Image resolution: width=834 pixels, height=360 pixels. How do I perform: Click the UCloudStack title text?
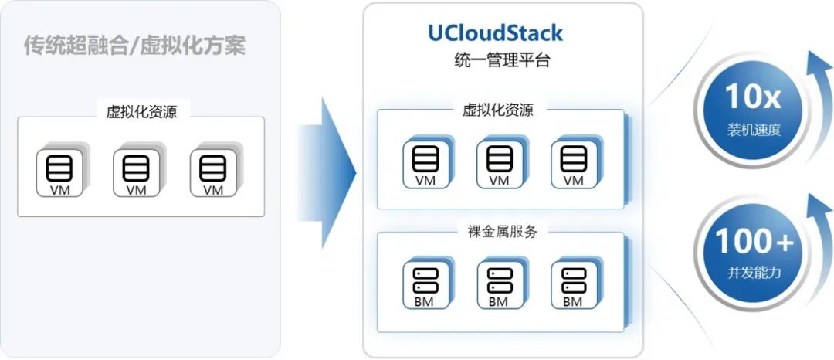pyautogui.click(x=496, y=33)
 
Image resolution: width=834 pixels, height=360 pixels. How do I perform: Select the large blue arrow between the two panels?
pyautogui.click(x=329, y=171)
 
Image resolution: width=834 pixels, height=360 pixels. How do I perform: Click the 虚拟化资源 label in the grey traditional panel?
pyautogui.click(x=141, y=111)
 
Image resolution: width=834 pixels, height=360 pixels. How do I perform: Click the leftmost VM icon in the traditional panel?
pyautogui.click(x=59, y=171)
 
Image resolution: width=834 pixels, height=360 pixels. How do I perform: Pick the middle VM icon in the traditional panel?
pyautogui.click(x=136, y=171)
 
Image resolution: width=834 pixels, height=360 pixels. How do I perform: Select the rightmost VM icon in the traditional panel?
pyautogui.click(x=212, y=171)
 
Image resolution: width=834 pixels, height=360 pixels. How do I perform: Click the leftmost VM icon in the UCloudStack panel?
pyautogui.click(x=425, y=162)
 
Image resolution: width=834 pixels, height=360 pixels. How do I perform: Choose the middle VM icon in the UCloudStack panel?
pyautogui.click(x=500, y=162)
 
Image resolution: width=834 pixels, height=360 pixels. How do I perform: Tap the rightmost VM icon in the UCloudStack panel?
pyautogui.click(x=573, y=162)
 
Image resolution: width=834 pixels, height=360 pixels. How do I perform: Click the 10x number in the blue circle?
pyautogui.click(x=753, y=97)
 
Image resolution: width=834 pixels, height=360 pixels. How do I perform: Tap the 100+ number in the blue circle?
pyautogui.click(x=754, y=242)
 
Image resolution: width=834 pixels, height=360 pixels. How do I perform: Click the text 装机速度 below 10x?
pyautogui.click(x=754, y=130)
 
